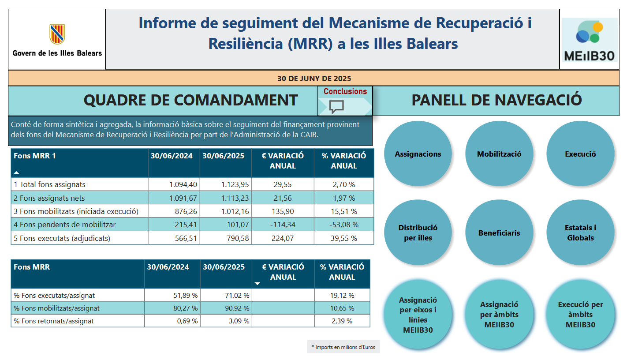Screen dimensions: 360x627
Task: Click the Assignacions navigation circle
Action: [418, 154]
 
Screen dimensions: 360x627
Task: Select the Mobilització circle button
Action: [499, 154]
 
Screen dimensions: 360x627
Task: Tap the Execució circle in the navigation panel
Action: [580, 154]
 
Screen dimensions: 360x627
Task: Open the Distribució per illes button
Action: [418, 232]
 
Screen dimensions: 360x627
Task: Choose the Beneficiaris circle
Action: [499, 232]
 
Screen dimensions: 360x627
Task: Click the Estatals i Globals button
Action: [580, 232]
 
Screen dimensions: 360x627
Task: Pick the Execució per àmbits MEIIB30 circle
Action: [580, 314]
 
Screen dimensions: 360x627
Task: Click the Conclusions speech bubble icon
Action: [337, 106]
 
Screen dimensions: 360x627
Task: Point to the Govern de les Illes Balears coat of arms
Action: [57, 34]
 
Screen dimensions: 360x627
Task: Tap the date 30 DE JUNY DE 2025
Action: [314, 79]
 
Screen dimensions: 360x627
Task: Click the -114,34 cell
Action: [283, 225]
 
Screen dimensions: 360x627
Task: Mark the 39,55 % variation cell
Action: [344, 238]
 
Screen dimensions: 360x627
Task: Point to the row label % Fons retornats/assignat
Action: [54, 321]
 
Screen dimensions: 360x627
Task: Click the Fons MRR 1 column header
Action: [35, 156]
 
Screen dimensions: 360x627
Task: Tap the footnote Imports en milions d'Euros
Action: [343, 347]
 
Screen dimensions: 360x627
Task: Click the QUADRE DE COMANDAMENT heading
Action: [190, 100]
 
